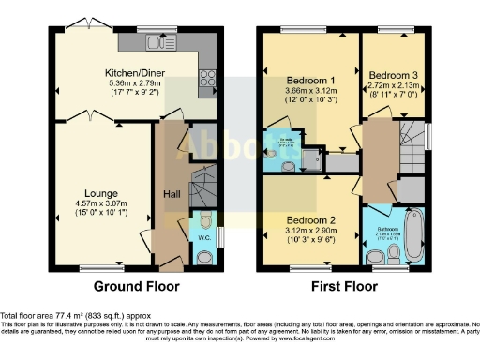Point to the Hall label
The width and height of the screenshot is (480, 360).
[173, 193]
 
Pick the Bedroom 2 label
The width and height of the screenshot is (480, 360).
[312, 220]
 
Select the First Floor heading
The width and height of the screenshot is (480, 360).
[345, 285]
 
